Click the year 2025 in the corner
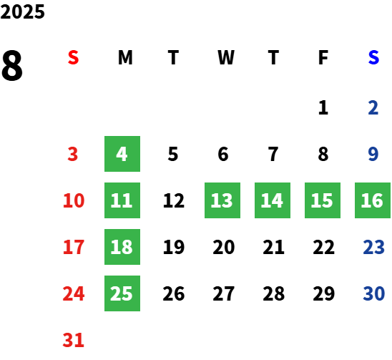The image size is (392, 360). point(22,11)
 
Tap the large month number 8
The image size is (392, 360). point(12,66)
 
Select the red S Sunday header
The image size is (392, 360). point(73,57)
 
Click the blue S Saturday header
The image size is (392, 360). point(373,57)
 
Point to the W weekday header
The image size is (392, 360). point(226,57)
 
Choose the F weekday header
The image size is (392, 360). point(323,57)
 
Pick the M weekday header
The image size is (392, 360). point(125,57)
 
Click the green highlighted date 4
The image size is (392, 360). point(122,154)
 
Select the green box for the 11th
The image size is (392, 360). point(122,200)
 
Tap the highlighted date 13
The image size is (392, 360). point(222,200)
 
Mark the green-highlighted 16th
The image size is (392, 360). point(373,200)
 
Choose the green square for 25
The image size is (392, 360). point(122,293)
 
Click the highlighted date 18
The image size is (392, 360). point(122,247)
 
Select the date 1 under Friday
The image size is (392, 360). point(323,107)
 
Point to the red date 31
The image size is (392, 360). point(73,340)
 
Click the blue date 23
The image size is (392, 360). point(373,247)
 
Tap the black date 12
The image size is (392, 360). point(174,200)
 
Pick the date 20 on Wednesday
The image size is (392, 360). point(224,247)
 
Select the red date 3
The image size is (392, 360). point(73,154)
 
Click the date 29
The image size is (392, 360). point(324,293)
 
